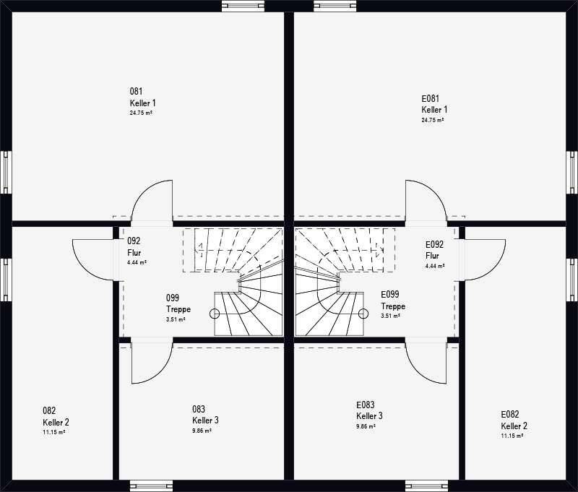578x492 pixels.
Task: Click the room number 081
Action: pos(136,91)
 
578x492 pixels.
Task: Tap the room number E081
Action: pos(430,98)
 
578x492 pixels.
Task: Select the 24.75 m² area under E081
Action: pos(432,120)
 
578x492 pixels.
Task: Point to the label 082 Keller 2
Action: pos(56,416)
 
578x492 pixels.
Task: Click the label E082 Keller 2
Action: pos(514,420)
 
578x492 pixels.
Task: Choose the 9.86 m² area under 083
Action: pos(202,431)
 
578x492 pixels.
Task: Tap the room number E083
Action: pos(366,405)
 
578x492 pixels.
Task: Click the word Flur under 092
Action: pos(134,253)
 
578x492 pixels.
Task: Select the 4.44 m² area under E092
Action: pos(435,266)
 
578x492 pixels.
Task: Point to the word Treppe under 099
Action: pos(178,309)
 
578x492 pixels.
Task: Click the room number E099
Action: pos(390,294)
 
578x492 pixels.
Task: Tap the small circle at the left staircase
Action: pos(215,314)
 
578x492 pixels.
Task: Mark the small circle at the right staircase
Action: pos(363,314)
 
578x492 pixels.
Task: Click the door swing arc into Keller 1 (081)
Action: pos(143,192)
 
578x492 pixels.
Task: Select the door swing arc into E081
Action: pos(435,192)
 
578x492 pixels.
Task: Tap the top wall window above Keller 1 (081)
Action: pos(243,6)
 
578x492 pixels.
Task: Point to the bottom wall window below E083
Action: pos(426,485)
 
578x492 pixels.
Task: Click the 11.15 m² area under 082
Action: pos(53,432)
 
